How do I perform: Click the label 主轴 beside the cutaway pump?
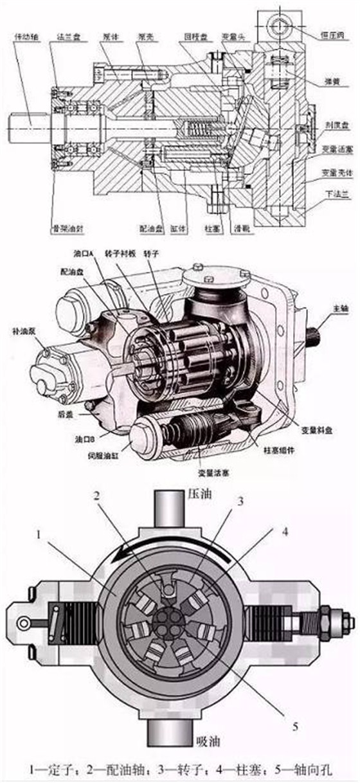coord(339,307)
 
